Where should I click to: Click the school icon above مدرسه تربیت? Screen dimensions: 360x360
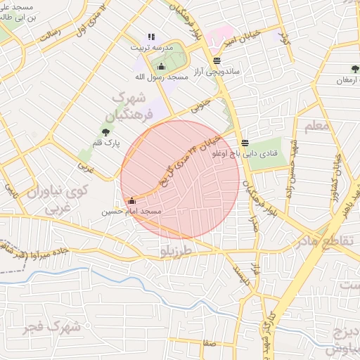coord(150,37)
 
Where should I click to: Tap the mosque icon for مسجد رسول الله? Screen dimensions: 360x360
coord(162,67)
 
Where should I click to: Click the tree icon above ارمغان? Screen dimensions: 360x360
coord(355,69)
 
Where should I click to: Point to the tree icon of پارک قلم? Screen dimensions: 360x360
coord(106,131)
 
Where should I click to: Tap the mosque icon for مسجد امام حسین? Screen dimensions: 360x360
coord(131,201)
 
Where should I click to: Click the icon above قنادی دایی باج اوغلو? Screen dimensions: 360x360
coord(245,142)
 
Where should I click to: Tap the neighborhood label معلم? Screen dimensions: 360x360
coord(317,126)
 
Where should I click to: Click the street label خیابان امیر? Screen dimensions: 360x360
coord(239,41)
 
